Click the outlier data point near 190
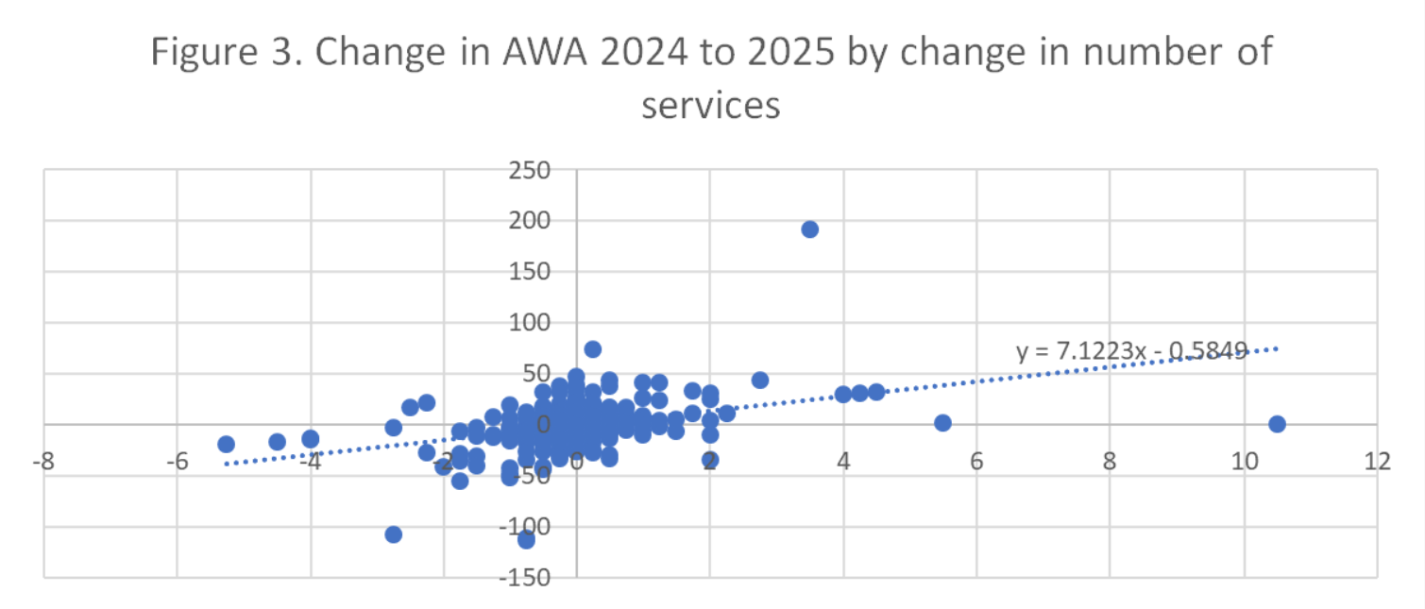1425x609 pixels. click(809, 229)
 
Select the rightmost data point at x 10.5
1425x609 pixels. click(1277, 424)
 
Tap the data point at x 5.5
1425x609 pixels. click(942, 423)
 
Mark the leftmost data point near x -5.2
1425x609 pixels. click(226, 444)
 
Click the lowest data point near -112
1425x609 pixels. click(526, 539)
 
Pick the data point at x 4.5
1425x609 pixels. click(876, 392)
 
